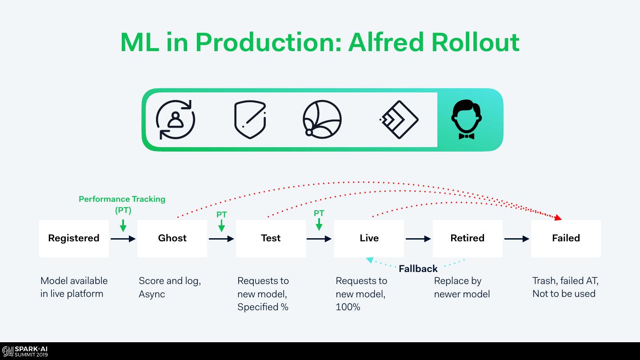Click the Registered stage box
click(74, 238)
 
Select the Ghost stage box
click(172, 238)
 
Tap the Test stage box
click(271, 238)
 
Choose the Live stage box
click(369, 238)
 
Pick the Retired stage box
click(468, 238)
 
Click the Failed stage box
click(566, 238)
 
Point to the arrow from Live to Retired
click(418, 239)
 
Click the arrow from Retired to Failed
click(516, 239)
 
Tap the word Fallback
click(418, 268)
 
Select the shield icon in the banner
click(250, 120)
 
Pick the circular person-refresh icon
click(176, 120)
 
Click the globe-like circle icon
click(322, 119)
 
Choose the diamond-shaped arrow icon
click(399, 120)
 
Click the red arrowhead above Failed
click(558, 217)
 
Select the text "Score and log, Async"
click(169, 287)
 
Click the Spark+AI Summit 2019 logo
click(25, 352)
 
